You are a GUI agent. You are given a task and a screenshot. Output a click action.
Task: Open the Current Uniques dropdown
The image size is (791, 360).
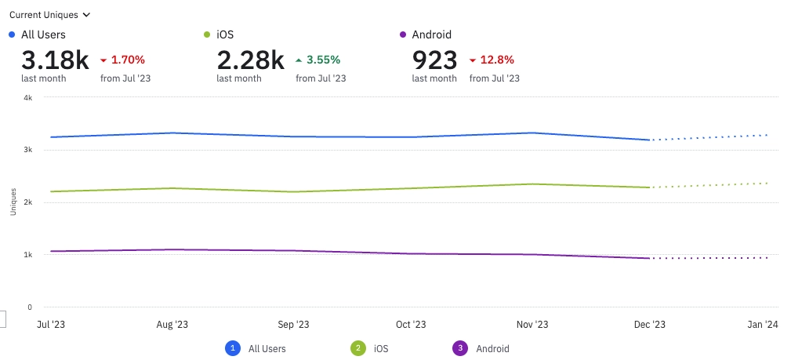[49, 14]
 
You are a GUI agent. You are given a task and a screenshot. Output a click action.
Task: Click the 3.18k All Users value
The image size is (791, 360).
[55, 60]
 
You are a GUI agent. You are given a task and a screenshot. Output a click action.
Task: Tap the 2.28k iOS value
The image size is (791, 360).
[250, 60]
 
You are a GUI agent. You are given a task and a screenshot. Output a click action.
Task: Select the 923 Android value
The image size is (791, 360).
[434, 60]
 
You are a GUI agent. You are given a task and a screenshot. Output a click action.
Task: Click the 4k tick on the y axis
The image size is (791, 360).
[27, 97]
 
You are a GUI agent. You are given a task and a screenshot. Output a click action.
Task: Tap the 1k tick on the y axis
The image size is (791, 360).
[27, 255]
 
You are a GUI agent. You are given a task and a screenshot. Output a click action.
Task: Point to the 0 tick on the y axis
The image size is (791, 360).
[29, 307]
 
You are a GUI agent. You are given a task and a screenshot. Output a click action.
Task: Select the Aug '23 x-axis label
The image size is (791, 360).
[172, 325]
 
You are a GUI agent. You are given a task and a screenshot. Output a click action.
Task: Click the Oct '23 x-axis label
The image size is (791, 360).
[411, 325]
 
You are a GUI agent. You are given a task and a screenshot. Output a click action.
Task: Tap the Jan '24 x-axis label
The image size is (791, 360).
[761, 325]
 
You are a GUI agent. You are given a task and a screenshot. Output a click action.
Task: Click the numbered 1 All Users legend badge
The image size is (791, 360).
[233, 348]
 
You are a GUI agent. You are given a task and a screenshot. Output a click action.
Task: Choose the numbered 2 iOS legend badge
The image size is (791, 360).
[358, 348]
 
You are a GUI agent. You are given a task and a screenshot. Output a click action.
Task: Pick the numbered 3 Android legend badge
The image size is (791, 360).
[460, 348]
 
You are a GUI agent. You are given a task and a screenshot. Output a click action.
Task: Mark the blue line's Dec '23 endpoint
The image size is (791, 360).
[649, 140]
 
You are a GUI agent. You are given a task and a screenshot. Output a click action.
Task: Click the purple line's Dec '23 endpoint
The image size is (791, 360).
[649, 258]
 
